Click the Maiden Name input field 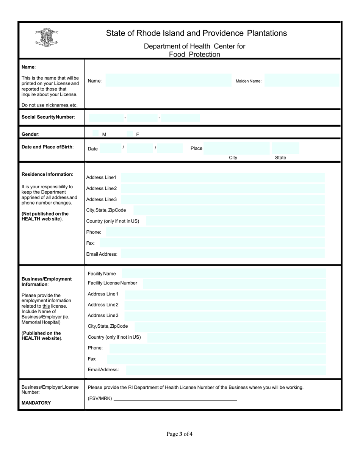(301, 81)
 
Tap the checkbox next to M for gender (95, 134)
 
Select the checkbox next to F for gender (130, 134)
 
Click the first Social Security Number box (106, 118)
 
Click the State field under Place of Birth (285, 148)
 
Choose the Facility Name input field (224, 274)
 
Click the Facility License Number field (234, 283)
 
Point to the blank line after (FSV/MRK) (175, 398)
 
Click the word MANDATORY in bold (36, 403)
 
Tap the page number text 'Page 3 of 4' (180, 434)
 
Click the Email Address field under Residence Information (222, 254)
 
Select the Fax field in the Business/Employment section (216, 359)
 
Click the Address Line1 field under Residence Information (222, 177)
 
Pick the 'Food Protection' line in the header (194, 55)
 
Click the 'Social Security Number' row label (48, 117)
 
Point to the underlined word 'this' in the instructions (46, 306)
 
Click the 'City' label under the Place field (233, 158)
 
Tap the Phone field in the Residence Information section (215, 232)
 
